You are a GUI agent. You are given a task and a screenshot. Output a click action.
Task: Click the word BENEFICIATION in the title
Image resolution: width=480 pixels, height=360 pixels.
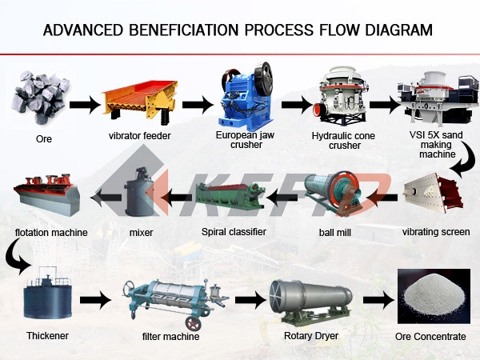(183, 30)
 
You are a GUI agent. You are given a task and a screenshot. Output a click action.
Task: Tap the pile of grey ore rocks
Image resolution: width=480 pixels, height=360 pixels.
(41, 97)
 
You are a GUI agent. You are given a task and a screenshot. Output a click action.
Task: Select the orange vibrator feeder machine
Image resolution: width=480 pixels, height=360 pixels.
(139, 102)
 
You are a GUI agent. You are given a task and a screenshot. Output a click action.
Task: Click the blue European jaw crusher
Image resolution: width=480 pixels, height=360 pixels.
(246, 97)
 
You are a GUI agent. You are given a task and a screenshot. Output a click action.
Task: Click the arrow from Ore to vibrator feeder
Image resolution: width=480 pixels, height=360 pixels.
(85, 105)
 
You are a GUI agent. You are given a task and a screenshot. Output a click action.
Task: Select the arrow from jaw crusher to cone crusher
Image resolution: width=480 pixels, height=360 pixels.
(296, 105)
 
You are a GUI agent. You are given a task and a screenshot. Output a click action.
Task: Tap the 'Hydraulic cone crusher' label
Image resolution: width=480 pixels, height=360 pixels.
(343, 141)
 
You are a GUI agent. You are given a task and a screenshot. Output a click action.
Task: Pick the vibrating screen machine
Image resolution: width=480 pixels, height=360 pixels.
(433, 193)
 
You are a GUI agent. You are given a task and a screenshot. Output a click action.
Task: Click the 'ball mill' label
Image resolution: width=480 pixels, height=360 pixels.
(335, 232)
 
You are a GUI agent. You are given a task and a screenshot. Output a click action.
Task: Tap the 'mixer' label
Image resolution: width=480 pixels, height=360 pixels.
(141, 232)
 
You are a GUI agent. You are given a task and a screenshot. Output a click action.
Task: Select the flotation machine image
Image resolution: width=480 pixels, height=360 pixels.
(46, 194)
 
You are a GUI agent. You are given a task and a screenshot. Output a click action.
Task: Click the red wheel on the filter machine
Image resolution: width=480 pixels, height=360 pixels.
(193, 323)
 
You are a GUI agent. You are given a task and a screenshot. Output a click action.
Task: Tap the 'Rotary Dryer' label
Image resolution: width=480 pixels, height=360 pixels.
(311, 336)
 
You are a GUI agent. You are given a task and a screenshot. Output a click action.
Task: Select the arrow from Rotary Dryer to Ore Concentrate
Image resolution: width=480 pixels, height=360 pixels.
(379, 300)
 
